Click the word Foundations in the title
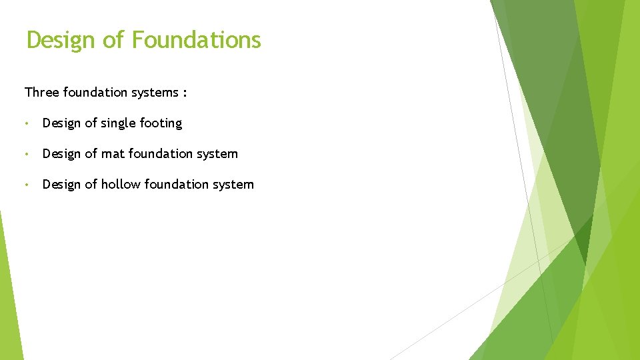[x=196, y=40]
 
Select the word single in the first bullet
[x=119, y=123]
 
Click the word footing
[x=161, y=123]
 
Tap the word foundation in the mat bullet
[x=159, y=154]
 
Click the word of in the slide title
[x=114, y=40]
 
